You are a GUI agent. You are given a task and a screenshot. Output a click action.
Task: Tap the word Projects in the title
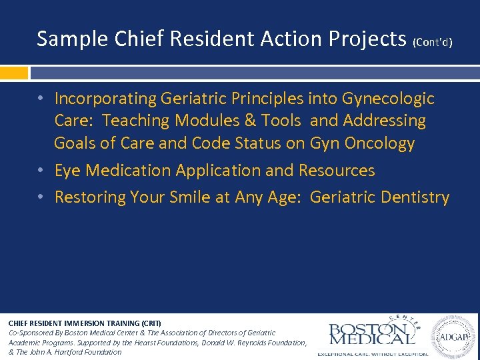coord(367,40)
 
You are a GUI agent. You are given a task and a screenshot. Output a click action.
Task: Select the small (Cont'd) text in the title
coord(433,43)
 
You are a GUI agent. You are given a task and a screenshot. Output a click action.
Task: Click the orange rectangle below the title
coord(14,72)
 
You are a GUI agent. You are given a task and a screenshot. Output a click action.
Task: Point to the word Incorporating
coord(105,99)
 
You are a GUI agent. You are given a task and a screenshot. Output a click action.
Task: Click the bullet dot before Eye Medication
coord(41,171)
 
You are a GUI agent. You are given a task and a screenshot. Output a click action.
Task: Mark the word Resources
coord(337,171)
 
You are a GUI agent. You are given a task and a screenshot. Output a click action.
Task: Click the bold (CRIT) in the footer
coord(149,323)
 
